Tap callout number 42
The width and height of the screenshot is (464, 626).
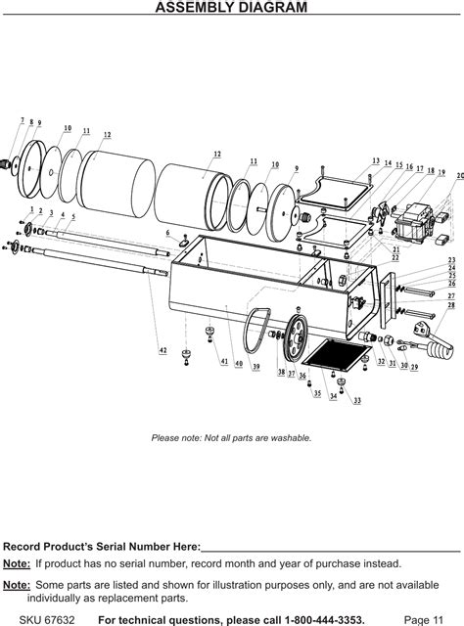click(163, 349)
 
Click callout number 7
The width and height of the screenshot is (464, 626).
click(23, 120)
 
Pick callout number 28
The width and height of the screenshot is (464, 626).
click(451, 305)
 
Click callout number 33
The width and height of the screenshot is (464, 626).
click(357, 401)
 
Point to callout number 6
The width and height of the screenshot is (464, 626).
click(167, 232)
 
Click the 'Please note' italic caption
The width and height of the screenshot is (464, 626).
click(231, 437)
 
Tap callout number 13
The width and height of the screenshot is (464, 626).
click(376, 159)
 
